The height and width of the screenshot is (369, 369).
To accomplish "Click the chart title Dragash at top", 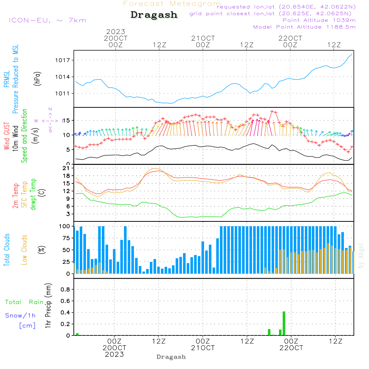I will click(x=154, y=15).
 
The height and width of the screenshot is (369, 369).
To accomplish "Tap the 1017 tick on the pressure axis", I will click(x=64, y=60).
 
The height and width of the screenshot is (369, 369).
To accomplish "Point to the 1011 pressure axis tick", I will click(x=64, y=93).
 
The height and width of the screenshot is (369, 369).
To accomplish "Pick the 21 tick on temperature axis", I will click(x=67, y=168).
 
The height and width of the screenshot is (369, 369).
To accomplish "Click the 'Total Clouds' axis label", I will click(x=7, y=250).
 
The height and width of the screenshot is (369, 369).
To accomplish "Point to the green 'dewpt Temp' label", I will click(x=33, y=194).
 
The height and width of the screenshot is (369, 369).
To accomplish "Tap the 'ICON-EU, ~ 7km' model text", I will click(x=47, y=20).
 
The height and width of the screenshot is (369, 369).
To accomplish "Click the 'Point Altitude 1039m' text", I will click(x=319, y=20).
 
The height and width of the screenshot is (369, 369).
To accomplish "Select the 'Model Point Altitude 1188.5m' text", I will click(x=304, y=27).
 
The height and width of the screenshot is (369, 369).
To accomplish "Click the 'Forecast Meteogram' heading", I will click(x=172, y=4).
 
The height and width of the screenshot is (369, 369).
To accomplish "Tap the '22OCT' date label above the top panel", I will click(x=290, y=38).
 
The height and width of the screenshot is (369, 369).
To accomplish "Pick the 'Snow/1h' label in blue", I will click(x=20, y=315).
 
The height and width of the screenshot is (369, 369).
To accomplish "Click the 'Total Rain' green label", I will click(x=24, y=302).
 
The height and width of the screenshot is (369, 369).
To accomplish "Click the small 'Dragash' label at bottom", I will click(x=171, y=357).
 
